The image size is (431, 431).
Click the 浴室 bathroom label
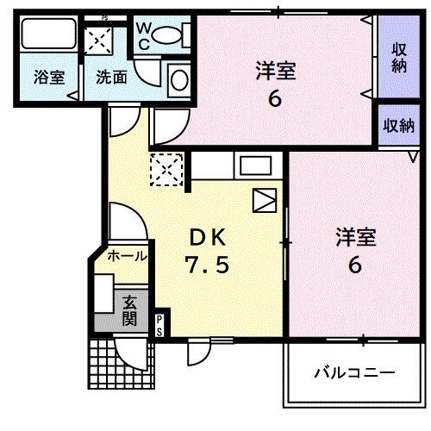point(49,76)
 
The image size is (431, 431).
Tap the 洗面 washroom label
point(112,76)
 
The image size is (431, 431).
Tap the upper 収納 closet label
point(398,57)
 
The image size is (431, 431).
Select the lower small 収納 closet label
point(398,126)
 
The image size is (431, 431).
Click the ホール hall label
point(128,256)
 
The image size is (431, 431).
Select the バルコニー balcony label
point(353,373)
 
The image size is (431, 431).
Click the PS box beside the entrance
point(160,324)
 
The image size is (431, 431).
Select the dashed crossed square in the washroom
point(99,39)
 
